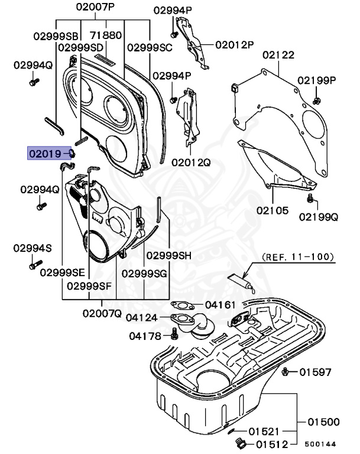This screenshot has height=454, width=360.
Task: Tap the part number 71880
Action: point(106,35)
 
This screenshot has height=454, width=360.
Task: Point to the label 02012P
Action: point(234,45)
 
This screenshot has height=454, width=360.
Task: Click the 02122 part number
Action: point(278,55)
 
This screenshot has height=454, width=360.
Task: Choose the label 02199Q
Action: point(318,216)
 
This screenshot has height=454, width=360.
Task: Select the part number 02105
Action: point(272,210)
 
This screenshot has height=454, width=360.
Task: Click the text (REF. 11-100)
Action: point(298,257)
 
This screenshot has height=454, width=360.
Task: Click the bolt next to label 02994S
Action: point(34,265)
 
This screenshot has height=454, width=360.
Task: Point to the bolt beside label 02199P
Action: point(317,98)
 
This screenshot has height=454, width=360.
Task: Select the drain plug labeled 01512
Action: point(239,444)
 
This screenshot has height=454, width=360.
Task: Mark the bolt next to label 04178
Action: point(174,335)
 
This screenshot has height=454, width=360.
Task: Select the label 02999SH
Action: point(169,255)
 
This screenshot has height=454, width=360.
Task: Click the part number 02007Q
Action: point(102,313)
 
